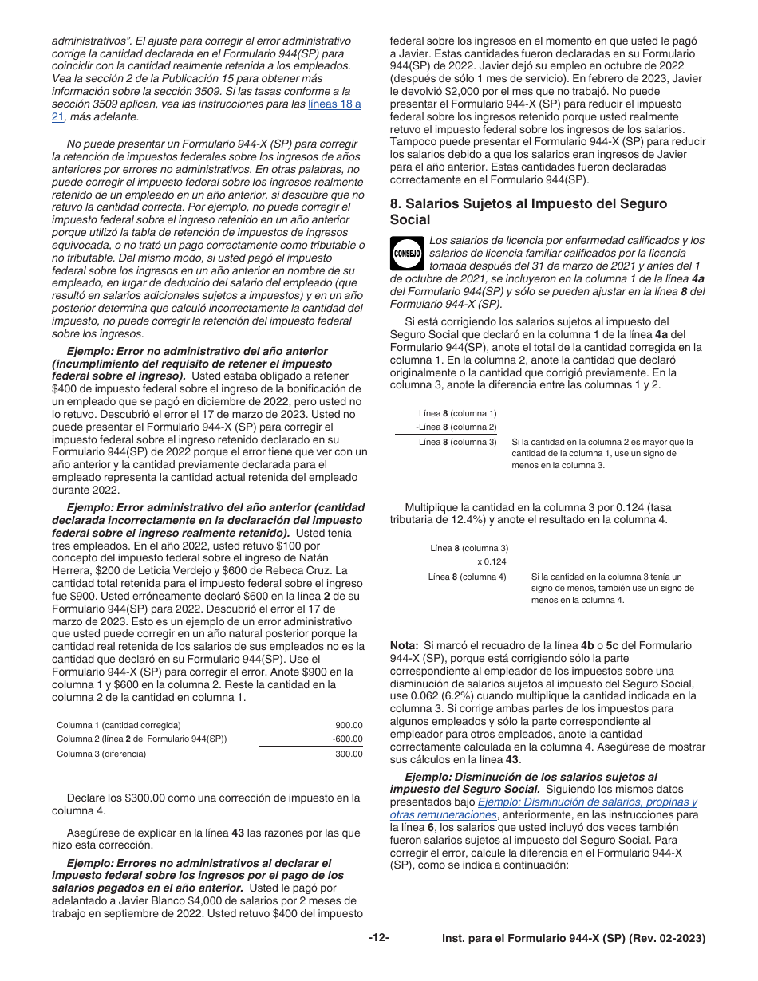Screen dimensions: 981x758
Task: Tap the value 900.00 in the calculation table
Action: click(x=349, y=725)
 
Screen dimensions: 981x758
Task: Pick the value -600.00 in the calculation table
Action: click(x=347, y=739)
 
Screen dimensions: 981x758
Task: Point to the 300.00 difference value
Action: click(x=349, y=754)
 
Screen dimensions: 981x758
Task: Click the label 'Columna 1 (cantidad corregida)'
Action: click(x=119, y=725)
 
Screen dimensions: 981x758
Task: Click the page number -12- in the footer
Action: click(x=378, y=938)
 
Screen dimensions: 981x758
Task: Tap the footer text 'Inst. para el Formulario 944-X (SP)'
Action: click(x=574, y=939)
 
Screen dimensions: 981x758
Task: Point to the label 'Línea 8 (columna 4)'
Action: click(x=467, y=576)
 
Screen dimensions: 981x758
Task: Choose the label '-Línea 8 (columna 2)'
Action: click(x=456, y=427)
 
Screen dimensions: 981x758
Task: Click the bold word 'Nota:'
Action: click(x=404, y=645)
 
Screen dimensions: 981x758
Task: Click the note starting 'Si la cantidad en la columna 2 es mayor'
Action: click(x=602, y=453)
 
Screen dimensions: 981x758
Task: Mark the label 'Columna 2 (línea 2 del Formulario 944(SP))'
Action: click(x=141, y=739)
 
